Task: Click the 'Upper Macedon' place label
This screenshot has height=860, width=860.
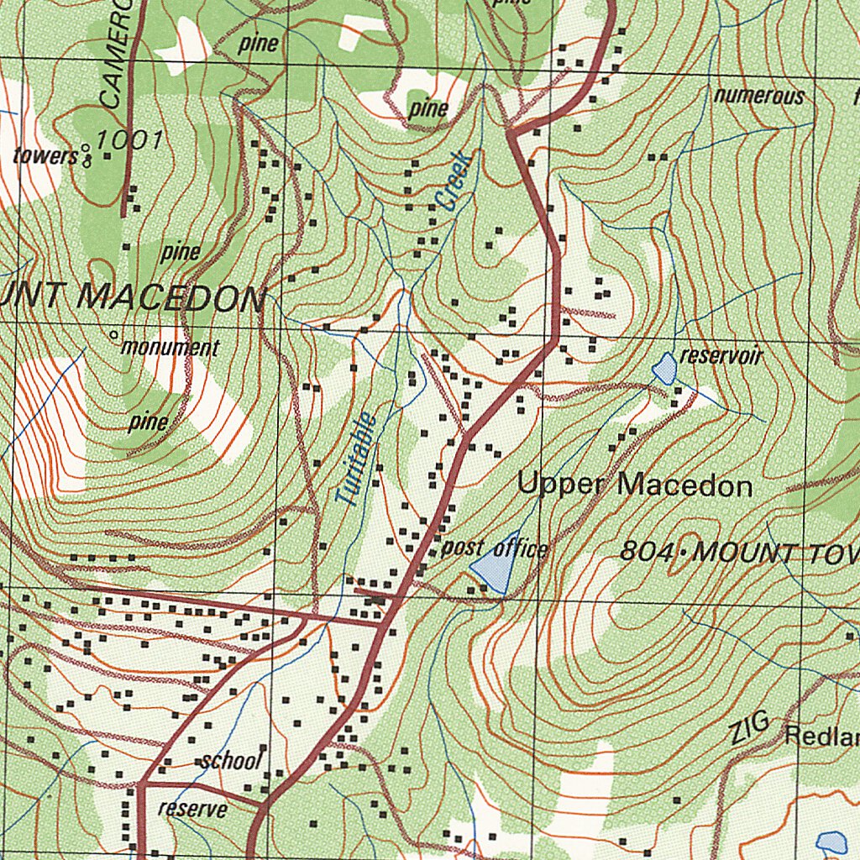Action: point(634,485)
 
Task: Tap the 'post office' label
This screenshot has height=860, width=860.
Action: point(494,549)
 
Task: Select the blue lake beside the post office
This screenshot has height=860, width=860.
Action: point(496,564)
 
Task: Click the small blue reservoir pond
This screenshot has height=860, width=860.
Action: point(664,368)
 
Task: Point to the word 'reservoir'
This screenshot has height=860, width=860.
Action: point(721,356)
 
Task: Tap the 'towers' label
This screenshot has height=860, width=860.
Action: point(45,155)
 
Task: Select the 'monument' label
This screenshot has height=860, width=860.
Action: point(170,347)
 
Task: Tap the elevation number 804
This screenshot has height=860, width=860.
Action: point(648,552)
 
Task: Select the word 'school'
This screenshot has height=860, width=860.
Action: point(231,761)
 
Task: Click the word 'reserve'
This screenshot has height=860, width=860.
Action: point(192,809)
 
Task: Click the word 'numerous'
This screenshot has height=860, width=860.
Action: point(759,96)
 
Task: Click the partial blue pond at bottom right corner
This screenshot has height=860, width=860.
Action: point(831,842)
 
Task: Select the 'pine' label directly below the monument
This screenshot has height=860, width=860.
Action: point(148,422)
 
